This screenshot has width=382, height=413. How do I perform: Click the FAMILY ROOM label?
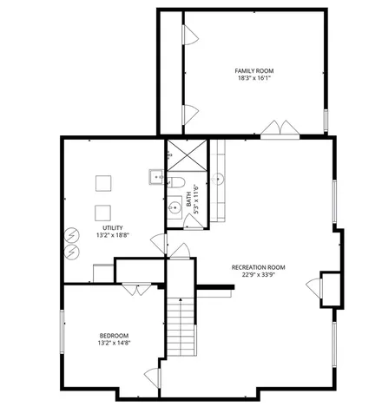[x=254, y=71]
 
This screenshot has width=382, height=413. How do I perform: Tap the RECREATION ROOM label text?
[x=258, y=267]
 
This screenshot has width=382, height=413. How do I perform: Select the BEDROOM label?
[x=114, y=336]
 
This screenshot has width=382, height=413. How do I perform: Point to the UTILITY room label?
[x=113, y=228]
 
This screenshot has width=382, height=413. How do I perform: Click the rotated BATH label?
[x=188, y=199]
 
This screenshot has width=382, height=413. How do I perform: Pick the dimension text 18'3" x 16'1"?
[x=254, y=78]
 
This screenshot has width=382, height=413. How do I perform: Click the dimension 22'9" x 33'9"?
[x=258, y=275]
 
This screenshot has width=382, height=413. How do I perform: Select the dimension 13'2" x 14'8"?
[x=114, y=344]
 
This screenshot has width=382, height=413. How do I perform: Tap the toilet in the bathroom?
[x=176, y=182]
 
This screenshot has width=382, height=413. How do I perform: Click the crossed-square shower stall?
[x=188, y=155]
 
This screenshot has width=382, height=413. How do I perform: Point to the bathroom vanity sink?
[x=175, y=207]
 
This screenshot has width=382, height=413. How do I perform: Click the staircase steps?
[x=181, y=327]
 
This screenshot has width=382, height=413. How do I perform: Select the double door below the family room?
[x=280, y=128]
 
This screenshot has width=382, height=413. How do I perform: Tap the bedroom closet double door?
[x=136, y=289]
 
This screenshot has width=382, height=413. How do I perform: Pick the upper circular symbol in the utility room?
[x=72, y=235]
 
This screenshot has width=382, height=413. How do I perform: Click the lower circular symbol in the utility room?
[x=72, y=252]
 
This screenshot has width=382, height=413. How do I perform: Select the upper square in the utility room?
[x=103, y=183]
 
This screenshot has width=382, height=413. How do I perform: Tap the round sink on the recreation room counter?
[x=218, y=179]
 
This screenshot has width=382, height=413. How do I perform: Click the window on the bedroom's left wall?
[x=62, y=331]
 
